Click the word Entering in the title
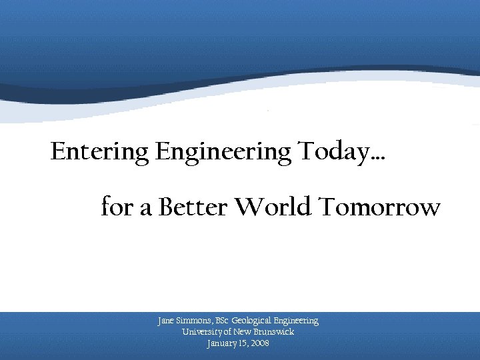click(x=100, y=153)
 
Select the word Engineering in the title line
click(x=223, y=153)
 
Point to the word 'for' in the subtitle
click(x=117, y=207)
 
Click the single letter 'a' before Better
click(x=146, y=209)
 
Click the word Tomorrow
click(x=379, y=207)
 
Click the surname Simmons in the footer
click(x=194, y=321)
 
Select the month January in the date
click(x=223, y=343)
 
